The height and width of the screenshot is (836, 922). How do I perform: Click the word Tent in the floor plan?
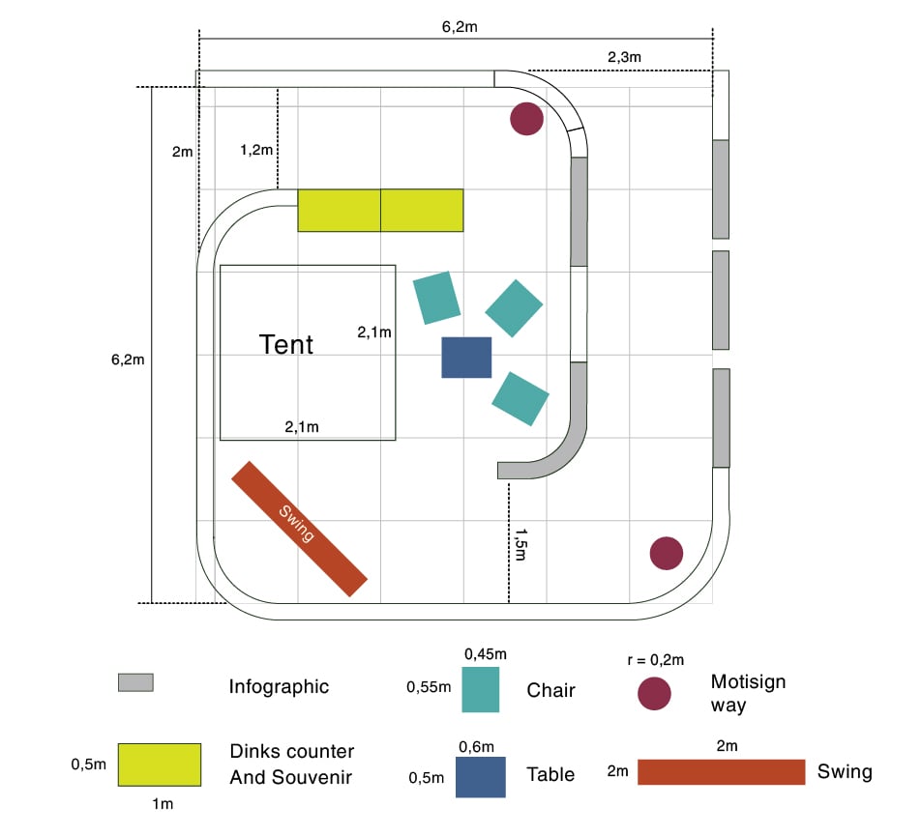pyautogui.click(x=286, y=344)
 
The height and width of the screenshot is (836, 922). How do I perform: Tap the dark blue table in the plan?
pyautogui.click(x=466, y=358)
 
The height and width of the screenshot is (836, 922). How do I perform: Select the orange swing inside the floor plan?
pyautogui.click(x=300, y=528)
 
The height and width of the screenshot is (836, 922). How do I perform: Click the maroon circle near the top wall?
pyautogui.click(x=526, y=119)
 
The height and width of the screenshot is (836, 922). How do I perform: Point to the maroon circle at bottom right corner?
pyautogui.click(x=666, y=554)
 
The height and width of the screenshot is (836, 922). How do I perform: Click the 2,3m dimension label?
pyautogui.click(x=624, y=58)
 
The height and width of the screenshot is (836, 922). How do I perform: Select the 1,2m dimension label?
pyautogui.click(x=257, y=150)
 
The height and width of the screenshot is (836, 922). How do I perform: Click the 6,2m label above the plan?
pyautogui.click(x=459, y=27)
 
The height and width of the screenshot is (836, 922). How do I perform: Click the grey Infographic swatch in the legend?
pyautogui.click(x=135, y=682)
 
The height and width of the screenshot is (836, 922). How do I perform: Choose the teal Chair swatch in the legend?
pyautogui.click(x=481, y=689)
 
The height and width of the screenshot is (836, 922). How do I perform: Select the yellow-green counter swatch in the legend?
pyautogui.click(x=160, y=764)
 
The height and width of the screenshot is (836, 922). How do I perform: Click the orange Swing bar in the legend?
pyautogui.click(x=721, y=772)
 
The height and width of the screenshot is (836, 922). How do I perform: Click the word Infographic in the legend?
pyautogui.click(x=279, y=687)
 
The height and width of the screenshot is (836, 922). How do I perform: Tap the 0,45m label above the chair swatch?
pyautogui.click(x=480, y=654)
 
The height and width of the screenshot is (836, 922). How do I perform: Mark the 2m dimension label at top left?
pyautogui.click(x=182, y=152)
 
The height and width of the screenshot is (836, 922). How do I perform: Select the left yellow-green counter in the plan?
pyautogui.click(x=339, y=210)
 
